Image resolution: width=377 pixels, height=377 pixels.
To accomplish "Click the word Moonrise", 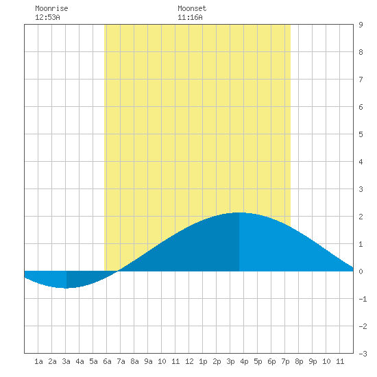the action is click(51, 8).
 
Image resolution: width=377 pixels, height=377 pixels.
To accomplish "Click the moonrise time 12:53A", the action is click(47, 17).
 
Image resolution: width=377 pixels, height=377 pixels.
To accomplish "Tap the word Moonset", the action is click(192, 8).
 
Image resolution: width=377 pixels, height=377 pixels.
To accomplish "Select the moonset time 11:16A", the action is click(190, 17).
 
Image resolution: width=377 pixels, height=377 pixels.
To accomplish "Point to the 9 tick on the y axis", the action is click(361, 25).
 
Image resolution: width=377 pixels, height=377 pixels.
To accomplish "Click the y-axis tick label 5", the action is click(361, 134).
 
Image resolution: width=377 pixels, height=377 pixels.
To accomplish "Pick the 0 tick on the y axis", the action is click(361, 271).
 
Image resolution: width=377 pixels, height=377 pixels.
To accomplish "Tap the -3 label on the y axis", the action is click(363, 354).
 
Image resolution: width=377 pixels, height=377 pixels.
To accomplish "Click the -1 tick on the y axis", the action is click(363, 299).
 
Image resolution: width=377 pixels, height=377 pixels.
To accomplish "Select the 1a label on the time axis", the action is click(38, 361).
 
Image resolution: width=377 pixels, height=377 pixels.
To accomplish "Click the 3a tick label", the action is click(66, 361).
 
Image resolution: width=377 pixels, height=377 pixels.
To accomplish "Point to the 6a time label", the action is click(107, 361).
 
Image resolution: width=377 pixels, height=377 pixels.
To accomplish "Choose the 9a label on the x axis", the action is click(148, 361).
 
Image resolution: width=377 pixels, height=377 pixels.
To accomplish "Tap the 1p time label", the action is click(203, 361).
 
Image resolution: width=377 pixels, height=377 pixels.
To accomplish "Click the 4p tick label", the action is click(244, 361).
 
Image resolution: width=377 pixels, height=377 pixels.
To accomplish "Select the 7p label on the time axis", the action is click(285, 361).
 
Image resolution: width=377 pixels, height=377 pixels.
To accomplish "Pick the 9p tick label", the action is click(313, 361).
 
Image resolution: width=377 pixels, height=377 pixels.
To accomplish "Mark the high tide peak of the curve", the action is click(239, 212).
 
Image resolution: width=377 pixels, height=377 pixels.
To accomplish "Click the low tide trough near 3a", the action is click(66, 288).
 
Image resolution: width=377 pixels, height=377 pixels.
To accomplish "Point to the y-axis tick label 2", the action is click(361, 217).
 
